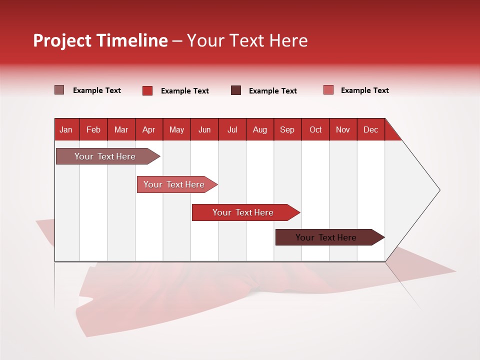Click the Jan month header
(66, 129)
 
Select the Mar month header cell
(121, 129)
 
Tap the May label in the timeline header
(176, 129)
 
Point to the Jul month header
(232, 129)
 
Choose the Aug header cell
(259, 129)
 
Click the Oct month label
(315, 129)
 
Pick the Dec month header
(370, 129)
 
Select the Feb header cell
(93, 129)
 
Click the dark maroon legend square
(236, 90)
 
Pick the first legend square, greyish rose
(59, 90)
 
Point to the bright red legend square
(147, 90)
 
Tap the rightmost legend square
(328, 90)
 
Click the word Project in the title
(62, 40)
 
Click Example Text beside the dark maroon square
(272, 91)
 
